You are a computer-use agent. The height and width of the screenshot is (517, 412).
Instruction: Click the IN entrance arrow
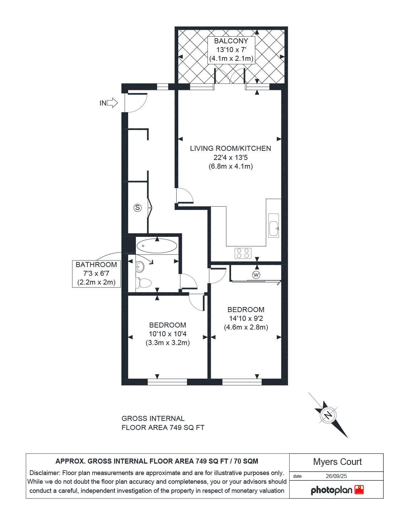click(x=112, y=103)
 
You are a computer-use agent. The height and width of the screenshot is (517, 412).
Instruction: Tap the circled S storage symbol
click(x=138, y=208)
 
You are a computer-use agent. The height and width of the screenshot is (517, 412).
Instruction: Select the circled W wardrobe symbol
click(x=256, y=274)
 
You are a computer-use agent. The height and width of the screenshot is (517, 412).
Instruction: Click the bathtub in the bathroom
click(x=157, y=246)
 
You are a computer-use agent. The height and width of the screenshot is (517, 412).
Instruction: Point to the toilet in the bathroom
click(x=143, y=283)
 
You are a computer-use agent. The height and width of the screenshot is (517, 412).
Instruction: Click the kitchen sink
click(x=274, y=225)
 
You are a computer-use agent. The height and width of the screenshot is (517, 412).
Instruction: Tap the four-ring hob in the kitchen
click(x=243, y=253)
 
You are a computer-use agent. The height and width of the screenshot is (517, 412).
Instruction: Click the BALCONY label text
click(x=231, y=41)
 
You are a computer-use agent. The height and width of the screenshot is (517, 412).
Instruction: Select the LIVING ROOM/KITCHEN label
click(x=230, y=148)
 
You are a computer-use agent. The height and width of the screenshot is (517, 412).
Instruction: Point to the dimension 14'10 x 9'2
click(x=246, y=318)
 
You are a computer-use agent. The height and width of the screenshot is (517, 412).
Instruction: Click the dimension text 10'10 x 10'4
click(x=167, y=334)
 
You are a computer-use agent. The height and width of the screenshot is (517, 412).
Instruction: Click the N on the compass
click(x=328, y=415)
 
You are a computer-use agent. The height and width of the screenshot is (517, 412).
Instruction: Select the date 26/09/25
click(x=336, y=476)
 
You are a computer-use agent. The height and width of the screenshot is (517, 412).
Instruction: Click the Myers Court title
click(x=337, y=462)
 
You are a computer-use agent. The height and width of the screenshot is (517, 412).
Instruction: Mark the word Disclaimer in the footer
click(x=44, y=473)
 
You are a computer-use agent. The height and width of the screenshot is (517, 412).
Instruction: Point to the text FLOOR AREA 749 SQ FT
click(x=163, y=427)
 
